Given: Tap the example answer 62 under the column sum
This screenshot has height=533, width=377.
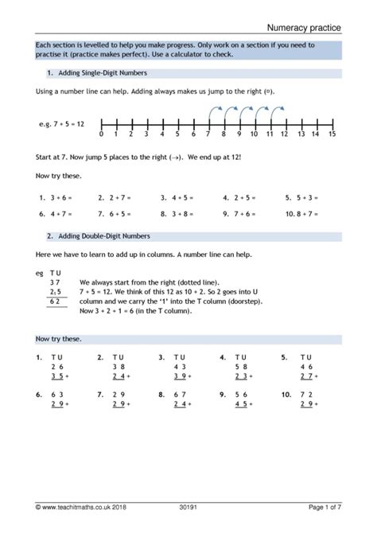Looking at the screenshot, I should (x=54, y=302).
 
